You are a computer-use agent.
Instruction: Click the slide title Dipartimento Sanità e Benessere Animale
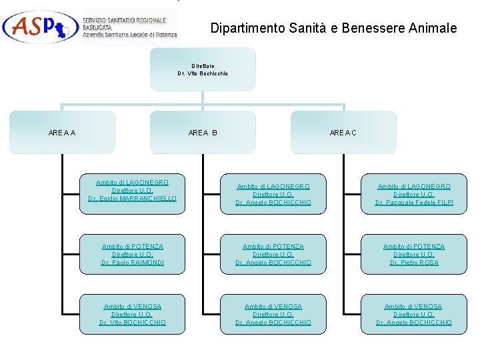pos(333,28)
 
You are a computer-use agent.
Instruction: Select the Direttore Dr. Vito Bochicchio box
pos(203,69)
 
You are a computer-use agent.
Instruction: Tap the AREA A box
pos(62,133)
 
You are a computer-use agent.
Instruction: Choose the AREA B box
pos(203,133)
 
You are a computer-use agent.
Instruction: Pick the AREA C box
pos(343,133)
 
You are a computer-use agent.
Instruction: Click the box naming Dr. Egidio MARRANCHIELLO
pos(132,191)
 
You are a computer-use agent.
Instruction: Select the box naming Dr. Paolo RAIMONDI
pos(132,254)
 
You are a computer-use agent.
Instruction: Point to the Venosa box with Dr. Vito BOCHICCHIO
pos(132,314)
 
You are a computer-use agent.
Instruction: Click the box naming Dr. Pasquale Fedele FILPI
pos(413,194)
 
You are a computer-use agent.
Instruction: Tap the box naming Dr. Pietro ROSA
pos(413,254)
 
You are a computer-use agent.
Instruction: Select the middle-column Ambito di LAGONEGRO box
pos(273,194)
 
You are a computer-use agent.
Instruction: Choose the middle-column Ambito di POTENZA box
pos(273,254)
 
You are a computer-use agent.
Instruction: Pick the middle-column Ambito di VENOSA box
pos(273,314)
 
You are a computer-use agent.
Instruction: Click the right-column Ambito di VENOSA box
pos(413,314)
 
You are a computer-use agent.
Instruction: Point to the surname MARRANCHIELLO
pos(147,199)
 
